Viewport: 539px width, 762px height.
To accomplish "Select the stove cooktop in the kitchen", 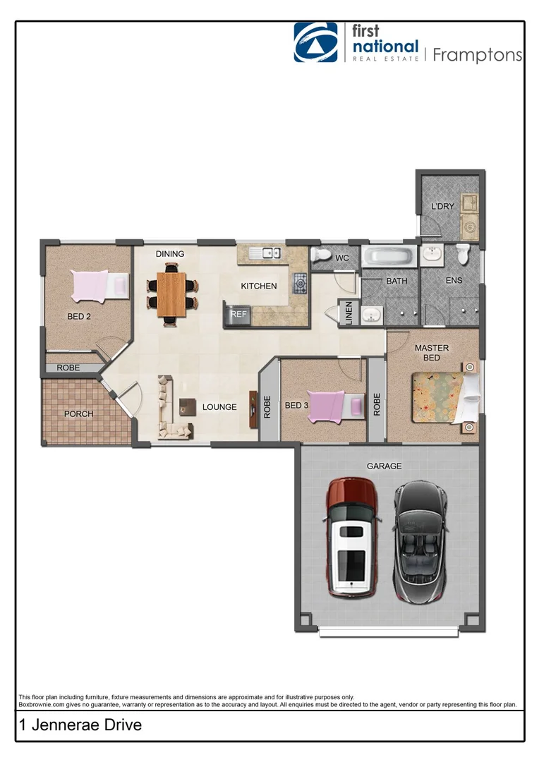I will pos(300,284).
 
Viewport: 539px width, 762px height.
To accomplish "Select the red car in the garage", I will pos(351,537).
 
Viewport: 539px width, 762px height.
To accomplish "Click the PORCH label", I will pos(78,413).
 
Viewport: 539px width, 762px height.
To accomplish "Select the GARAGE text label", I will pos(384,466).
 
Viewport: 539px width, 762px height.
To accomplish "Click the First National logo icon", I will pos(315,42).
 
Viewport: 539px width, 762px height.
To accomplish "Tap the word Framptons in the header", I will pos(476,55).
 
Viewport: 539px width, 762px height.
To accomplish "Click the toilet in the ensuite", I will pos(464,254).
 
